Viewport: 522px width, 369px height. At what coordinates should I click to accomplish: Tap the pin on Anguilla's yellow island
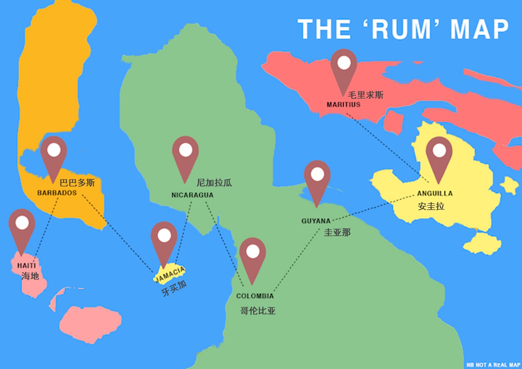tap(439, 154)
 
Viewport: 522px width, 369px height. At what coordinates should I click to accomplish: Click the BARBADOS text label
tap(57, 193)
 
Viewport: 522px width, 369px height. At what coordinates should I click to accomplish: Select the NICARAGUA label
tap(192, 195)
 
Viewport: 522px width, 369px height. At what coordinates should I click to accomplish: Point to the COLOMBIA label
tap(255, 296)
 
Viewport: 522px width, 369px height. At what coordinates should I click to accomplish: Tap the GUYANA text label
tap(316, 221)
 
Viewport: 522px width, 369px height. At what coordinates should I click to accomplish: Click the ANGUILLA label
tap(435, 193)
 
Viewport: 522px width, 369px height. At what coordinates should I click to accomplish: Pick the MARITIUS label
tap(343, 105)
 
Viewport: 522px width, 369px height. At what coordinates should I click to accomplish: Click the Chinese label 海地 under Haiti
tap(30, 276)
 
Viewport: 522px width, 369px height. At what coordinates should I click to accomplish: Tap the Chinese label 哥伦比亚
tap(258, 311)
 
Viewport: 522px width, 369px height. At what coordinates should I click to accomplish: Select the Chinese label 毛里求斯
tap(366, 95)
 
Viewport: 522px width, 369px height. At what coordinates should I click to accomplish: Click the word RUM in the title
tap(401, 29)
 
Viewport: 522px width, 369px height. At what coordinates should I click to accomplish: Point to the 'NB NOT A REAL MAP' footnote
tap(493, 365)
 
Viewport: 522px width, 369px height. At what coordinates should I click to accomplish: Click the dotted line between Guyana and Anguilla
tap(372, 208)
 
